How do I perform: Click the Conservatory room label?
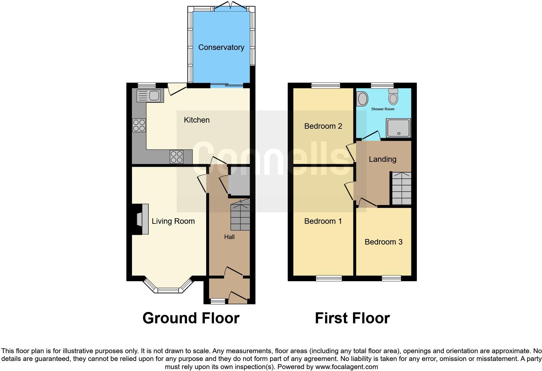pos(221,47)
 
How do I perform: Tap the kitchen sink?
pos(148,95)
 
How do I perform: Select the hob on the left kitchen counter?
pos(139,126)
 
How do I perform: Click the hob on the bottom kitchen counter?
pos(177,157)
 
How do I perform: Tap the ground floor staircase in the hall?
pos(240,216)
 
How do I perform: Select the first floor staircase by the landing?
pos(402,189)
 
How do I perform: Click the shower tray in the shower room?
pos(398,128)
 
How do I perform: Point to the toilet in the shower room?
pos(393,97)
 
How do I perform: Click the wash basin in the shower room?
pos(362,99)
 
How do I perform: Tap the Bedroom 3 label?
pos(383,242)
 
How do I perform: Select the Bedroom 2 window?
pos(326,86)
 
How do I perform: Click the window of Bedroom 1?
pos(329,278)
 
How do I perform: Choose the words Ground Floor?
pos(191,318)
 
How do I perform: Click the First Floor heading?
pos(352,318)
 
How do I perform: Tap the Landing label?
pos(383,159)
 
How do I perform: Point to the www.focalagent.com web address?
pos(346,367)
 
